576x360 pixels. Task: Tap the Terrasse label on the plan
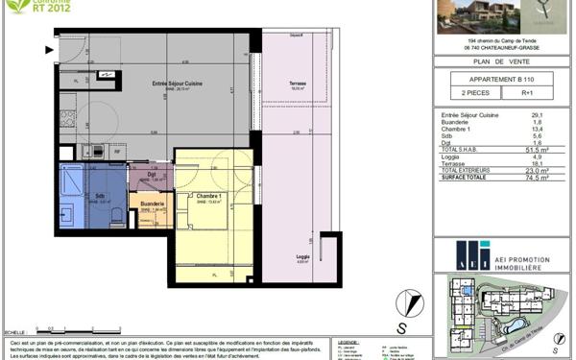click(x=300, y=84)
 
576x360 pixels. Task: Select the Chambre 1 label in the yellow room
click(x=210, y=198)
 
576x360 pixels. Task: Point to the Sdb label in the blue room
click(x=100, y=197)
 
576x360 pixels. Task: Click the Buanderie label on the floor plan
click(x=153, y=204)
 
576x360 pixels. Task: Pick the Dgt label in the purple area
click(x=152, y=174)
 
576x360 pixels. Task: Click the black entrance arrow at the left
click(x=50, y=48)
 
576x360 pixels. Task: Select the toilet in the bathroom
click(x=114, y=211)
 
